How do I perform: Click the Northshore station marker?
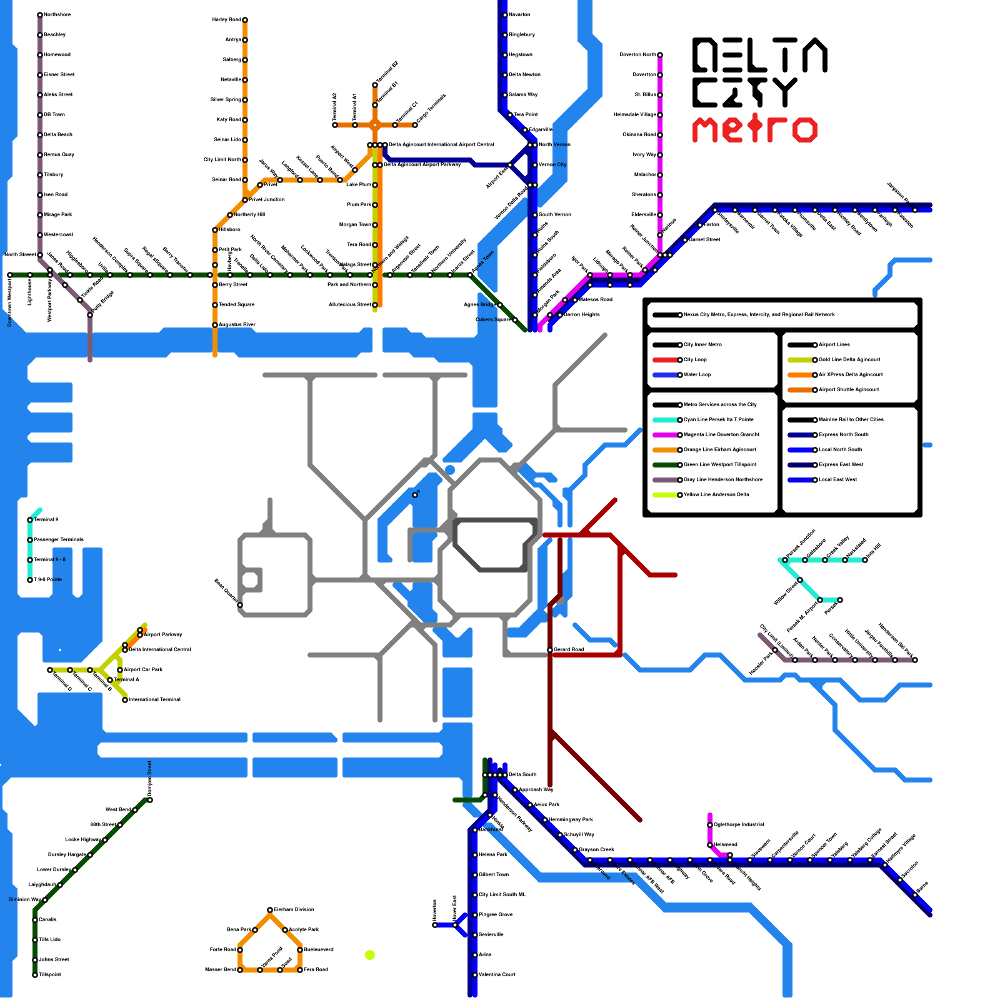coord(40,15)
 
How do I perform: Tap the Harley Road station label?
coord(226,20)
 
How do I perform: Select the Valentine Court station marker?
coord(475,975)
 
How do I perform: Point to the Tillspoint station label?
coord(50,975)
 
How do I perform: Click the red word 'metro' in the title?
coord(754,129)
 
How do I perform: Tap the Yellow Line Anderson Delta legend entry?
coord(716,495)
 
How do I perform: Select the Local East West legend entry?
coord(837,480)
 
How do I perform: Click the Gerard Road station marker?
coord(550,650)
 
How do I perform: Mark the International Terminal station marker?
coord(125,700)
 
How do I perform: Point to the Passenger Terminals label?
coord(59,540)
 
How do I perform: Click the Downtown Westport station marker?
coord(10,275)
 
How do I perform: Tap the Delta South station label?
coord(522,775)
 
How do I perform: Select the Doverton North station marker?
coord(660,55)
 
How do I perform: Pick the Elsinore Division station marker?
coord(270,910)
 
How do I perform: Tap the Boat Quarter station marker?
coord(240,605)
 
